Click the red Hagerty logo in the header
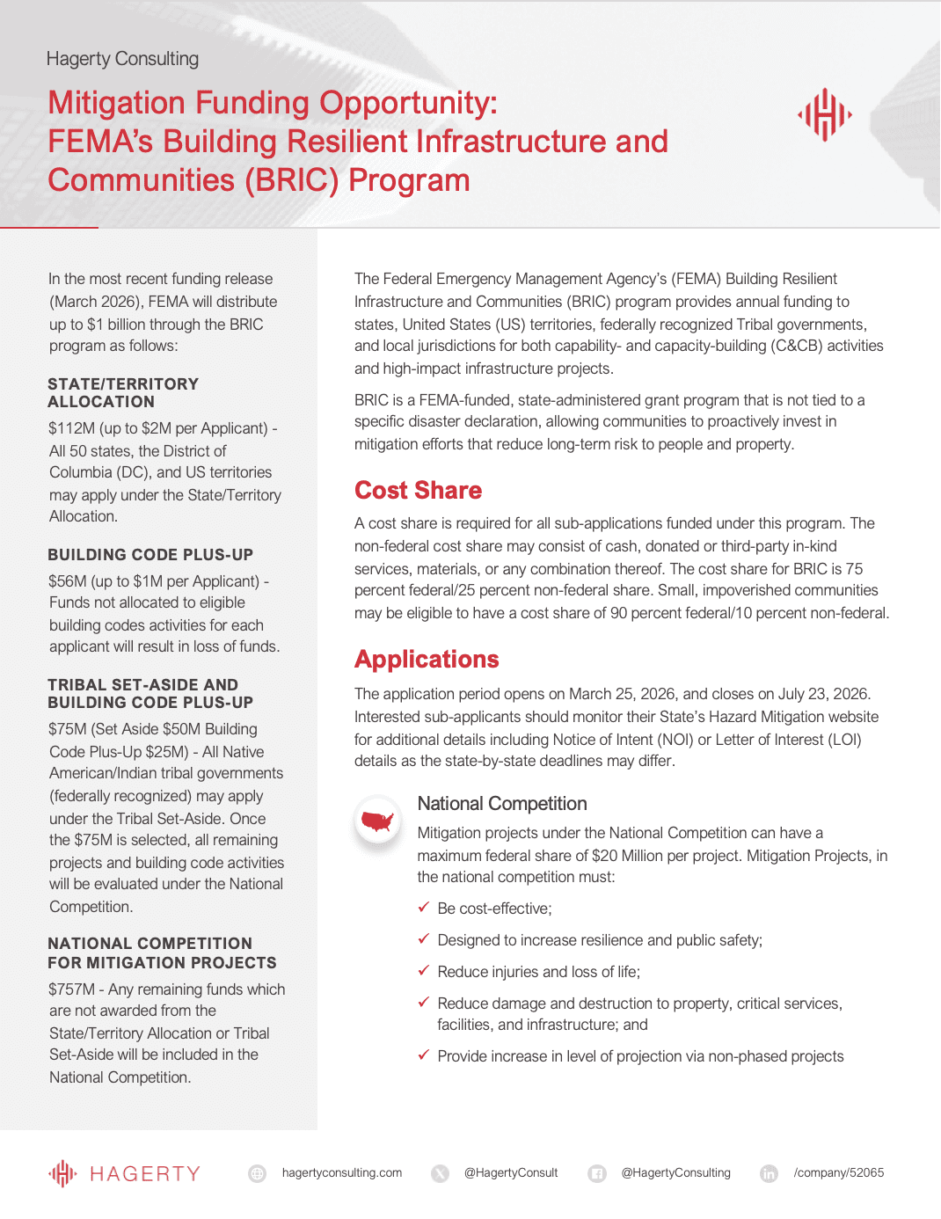coord(824,114)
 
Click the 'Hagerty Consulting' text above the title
coord(122,59)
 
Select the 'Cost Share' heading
coord(418,490)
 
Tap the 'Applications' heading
coord(427,659)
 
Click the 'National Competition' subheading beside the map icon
coord(501,803)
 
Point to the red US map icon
coord(378,821)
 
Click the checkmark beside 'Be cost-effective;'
coord(423,907)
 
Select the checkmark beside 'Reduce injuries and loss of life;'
coord(423,970)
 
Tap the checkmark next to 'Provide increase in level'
coord(423,1055)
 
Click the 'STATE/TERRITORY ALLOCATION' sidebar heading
coord(123,392)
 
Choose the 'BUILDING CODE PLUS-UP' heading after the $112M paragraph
coord(150,555)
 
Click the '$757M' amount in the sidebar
coord(71,989)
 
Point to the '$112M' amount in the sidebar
coord(71,428)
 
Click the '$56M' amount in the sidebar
coord(68,581)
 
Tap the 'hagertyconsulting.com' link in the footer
coord(341,1172)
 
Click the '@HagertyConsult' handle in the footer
coord(511,1172)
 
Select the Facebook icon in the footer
coord(597,1173)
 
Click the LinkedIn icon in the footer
coord(769,1173)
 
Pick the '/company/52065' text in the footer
coord(838,1172)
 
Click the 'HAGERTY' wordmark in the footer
coord(145,1173)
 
